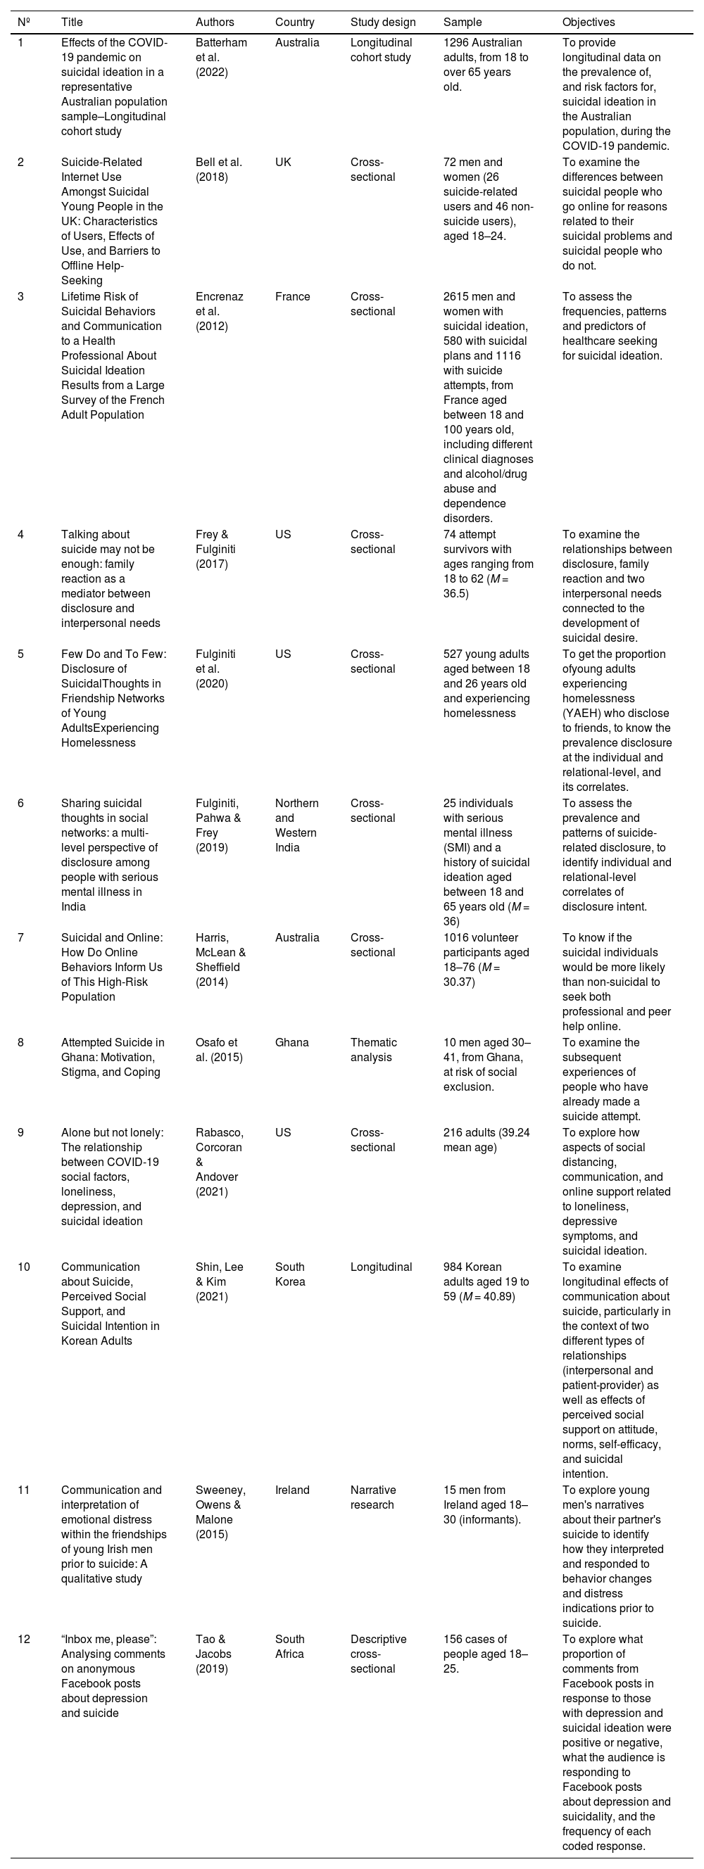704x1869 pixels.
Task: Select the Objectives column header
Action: point(588,23)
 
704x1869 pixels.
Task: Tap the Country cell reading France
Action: point(292,297)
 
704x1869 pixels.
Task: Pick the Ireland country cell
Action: point(292,1490)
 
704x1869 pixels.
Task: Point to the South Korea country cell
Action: point(290,1274)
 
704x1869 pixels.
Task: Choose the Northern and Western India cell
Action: point(297,825)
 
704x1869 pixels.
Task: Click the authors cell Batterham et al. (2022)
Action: point(220,57)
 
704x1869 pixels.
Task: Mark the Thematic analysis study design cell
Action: point(373,1050)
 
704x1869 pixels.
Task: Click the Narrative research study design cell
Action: point(373,1497)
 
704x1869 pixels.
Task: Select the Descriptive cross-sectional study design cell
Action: point(378,1654)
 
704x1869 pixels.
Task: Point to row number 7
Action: point(21,937)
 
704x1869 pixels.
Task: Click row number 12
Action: point(24,1639)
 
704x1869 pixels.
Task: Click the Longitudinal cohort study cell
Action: point(381,50)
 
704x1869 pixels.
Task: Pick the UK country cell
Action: point(283,163)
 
